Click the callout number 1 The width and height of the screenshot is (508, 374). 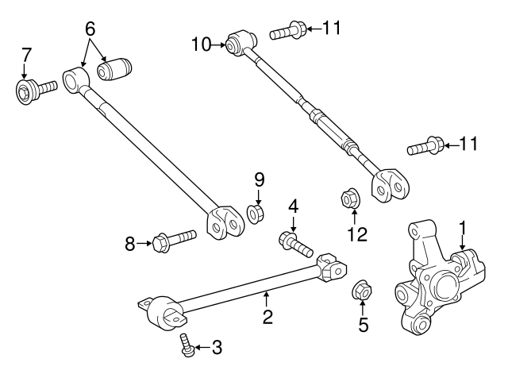pos(462,228)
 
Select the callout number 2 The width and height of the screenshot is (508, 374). pos(267,317)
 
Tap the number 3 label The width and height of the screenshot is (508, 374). pos(217,348)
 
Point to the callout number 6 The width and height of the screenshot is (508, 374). pos(90,29)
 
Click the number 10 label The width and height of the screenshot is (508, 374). pos(201,44)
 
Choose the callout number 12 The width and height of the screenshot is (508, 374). pos(357,234)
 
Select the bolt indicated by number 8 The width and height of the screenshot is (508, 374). pos(175,241)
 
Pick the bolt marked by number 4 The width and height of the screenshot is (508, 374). pos(296,245)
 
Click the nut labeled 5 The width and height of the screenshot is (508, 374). pos(362,290)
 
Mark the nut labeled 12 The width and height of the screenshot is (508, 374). pos(352,198)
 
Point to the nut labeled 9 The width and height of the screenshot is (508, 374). pos(256,214)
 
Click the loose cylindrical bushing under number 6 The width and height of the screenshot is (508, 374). pos(114,69)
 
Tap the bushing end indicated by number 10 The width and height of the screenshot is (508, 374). pos(241,42)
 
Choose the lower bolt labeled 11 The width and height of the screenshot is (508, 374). pos(425,146)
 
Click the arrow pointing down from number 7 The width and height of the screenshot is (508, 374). pos(24,71)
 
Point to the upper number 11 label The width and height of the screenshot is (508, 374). pos(332,28)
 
